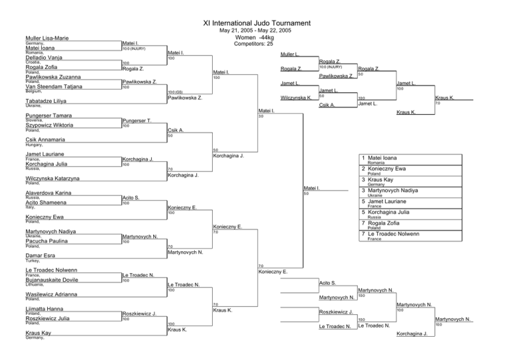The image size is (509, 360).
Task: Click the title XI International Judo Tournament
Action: (x=254, y=23)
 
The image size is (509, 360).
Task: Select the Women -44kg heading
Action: (x=255, y=37)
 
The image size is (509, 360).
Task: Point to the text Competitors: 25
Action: (x=255, y=44)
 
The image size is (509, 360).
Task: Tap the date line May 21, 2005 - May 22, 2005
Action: (x=254, y=30)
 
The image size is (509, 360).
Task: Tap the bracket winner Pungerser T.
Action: (x=137, y=121)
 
